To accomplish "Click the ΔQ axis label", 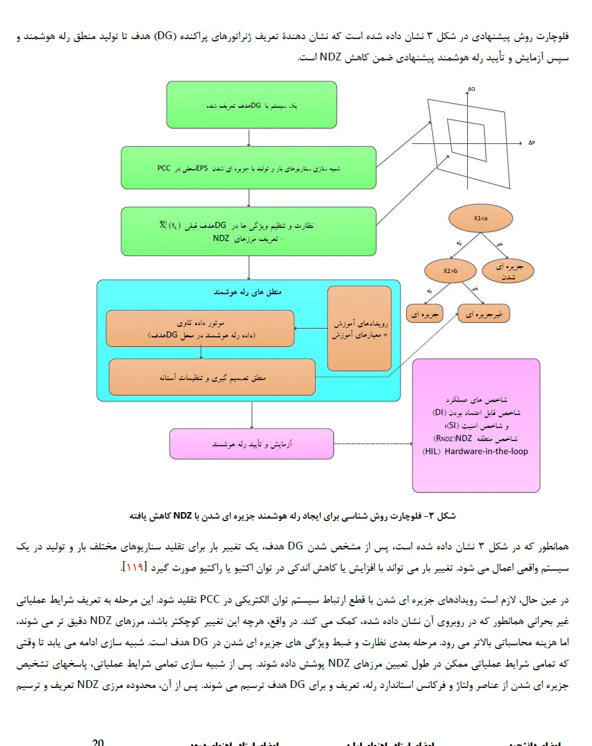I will (x=471, y=89).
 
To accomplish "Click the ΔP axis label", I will (x=532, y=143).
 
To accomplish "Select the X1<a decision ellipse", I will (x=480, y=218).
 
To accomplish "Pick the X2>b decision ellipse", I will (x=451, y=271).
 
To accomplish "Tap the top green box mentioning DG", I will (x=252, y=105).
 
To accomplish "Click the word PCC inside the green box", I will (x=164, y=168).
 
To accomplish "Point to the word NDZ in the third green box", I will (x=221, y=238).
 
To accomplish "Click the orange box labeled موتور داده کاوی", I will (x=200, y=329).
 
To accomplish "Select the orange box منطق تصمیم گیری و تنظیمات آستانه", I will (x=212, y=377).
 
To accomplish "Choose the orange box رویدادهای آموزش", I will (x=359, y=329).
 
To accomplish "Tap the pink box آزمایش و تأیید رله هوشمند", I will (x=252, y=444).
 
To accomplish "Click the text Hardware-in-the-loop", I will (x=486, y=451).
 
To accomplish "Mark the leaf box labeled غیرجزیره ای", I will (x=484, y=314).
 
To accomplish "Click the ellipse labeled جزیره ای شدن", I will (x=509, y=271).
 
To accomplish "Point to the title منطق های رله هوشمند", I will (x=247, y=292).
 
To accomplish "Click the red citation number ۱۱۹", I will (x=134, y=567).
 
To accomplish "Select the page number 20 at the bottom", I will (x=98, y=742).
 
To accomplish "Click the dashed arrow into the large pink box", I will (x=373, y=444).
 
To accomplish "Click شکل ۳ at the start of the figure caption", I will (x=445, y=516).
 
